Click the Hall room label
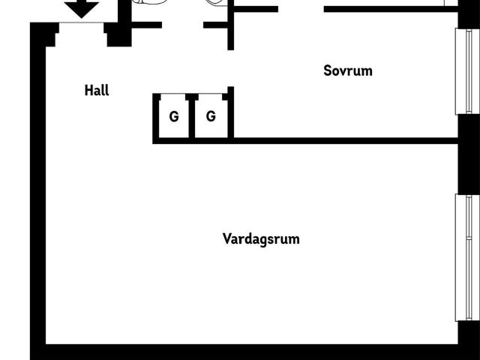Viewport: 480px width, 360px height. coord(97,90)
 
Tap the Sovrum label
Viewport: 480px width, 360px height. coord(348,70)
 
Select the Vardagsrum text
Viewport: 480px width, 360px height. coord(261,238)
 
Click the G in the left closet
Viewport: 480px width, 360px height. coord(174,117)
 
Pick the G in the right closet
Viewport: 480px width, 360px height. coord(211,116)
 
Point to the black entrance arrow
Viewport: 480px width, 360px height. coord(82,8)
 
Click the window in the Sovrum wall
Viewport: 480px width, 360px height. coord(467,71)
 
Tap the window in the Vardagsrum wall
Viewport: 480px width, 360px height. coord(467,257)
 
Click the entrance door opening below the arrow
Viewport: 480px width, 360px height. coord(82,23)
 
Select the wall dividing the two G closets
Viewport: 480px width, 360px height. coord(192,115)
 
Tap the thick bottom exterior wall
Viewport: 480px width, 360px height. coord(244,352)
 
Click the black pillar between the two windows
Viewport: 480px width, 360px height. coord(469,154)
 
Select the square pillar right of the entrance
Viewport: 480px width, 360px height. coord(119,34)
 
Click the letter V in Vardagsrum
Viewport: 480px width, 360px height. coord(226,238)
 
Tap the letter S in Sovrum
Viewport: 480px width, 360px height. coord(328,70)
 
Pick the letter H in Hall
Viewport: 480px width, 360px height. coord(88,90)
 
